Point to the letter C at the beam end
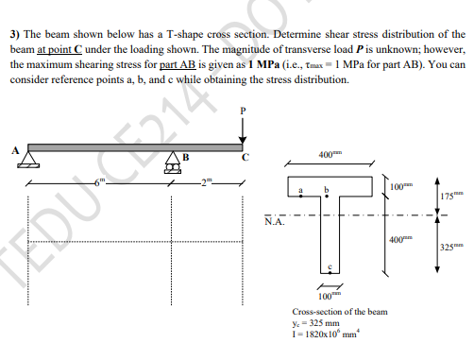[244, 158]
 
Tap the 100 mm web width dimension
[326, 297]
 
